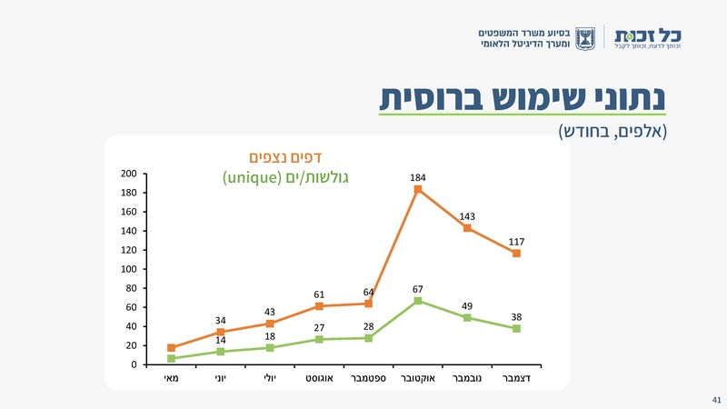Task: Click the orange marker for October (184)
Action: (418, 189)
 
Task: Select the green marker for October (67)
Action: (418, 301)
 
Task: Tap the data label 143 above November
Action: (467, 216)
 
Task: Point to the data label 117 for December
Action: (516, 241)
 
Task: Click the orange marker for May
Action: (172, 348)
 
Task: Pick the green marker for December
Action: (516, 328)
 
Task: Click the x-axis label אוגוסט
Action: (319, 377)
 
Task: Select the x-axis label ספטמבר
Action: (368, 377)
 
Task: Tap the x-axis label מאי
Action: (172, 377)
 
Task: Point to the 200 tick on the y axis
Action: (128, 174)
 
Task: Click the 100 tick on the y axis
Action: (128, 269)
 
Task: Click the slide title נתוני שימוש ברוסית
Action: (523, 97)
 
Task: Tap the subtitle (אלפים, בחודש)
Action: (612, 131)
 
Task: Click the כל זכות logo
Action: (647, 36)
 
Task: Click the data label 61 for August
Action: (319, 294)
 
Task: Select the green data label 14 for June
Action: (221, 340)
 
